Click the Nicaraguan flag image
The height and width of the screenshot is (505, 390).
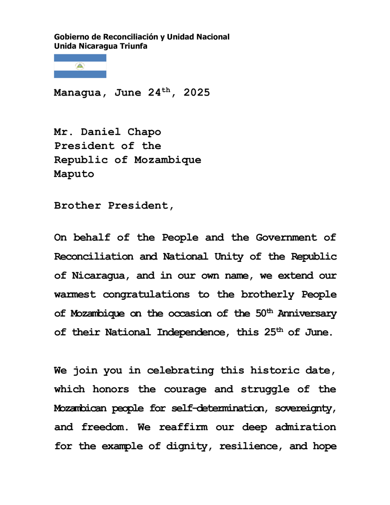80,66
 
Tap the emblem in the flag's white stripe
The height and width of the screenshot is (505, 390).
80,66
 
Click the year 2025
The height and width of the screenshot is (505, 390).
197,93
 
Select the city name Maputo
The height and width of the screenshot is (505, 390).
74,174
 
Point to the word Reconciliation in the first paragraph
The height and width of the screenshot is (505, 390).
94,257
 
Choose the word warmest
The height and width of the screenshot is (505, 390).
75,295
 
